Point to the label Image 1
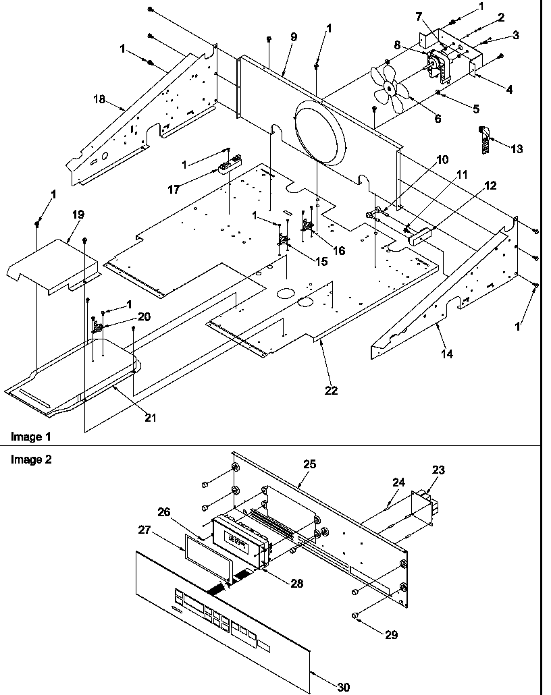(30, 437)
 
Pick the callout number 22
(331, 391)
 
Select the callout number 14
(448, 353)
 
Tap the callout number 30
(343, 687)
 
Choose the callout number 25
(309, 464)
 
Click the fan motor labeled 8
(435, 65)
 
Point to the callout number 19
(78, 215)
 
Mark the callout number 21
(150, 418)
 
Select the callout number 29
(392, 634)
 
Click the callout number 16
(338, 250)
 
